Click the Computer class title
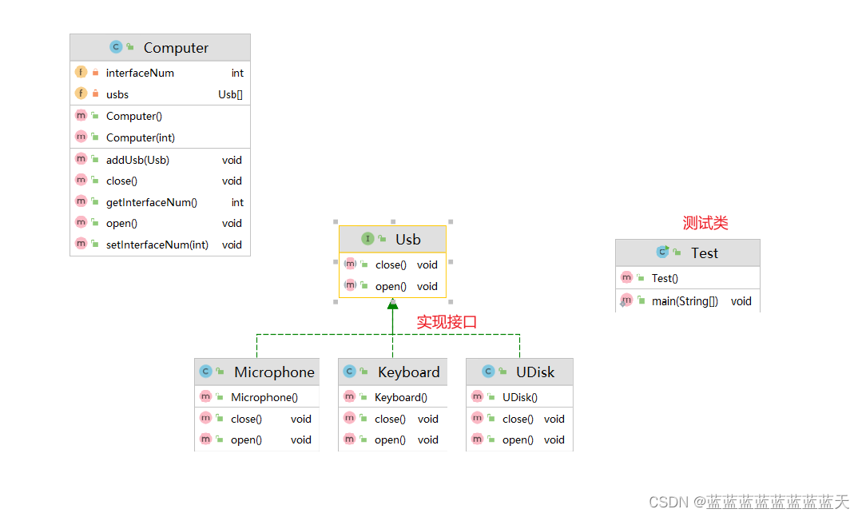176,48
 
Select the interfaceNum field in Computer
140,73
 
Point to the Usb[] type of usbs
230,94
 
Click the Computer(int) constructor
141,137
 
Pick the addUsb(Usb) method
137,160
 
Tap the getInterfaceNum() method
152,202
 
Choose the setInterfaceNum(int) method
157,245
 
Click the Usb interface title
407,239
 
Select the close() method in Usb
391,264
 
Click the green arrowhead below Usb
392,304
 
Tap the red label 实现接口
447,322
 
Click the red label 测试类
705,223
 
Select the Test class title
704,253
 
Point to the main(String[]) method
685,301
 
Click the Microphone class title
274,372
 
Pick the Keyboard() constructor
400,397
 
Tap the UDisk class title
534,372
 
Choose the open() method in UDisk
518,439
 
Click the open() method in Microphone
246,439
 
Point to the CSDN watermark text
749,502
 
